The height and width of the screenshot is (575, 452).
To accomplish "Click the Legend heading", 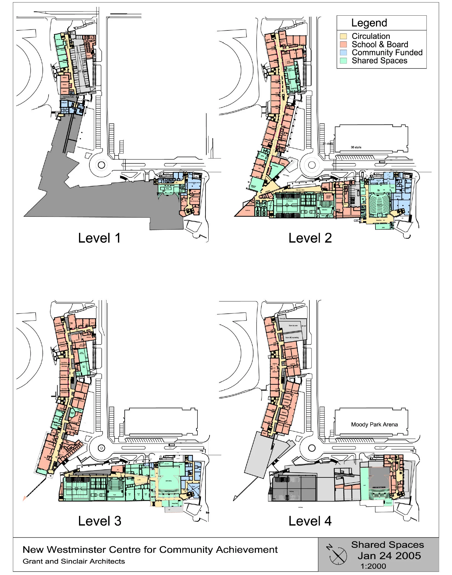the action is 369,23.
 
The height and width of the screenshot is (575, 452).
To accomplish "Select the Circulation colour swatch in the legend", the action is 343,36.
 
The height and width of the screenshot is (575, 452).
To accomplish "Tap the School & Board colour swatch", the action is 343,44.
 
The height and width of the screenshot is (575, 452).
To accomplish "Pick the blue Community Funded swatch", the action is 343,52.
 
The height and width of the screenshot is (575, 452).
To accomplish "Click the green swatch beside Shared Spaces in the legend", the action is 343,61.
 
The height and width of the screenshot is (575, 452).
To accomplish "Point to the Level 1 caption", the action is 99,238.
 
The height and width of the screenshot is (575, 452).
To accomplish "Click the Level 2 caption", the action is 310,238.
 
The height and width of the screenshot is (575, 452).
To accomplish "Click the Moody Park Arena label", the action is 374,424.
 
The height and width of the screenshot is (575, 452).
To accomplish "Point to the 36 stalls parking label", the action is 356,147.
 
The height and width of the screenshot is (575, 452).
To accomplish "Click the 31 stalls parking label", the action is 328,144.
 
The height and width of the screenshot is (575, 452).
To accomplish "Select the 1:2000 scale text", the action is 373,566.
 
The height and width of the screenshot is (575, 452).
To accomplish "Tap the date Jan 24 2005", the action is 389,556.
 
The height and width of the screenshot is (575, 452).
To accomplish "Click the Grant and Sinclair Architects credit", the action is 74,561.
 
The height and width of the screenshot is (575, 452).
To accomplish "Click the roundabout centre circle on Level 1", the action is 101,165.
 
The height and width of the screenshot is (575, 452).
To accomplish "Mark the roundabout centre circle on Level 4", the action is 312,448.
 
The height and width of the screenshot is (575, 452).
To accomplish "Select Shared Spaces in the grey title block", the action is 388,545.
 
